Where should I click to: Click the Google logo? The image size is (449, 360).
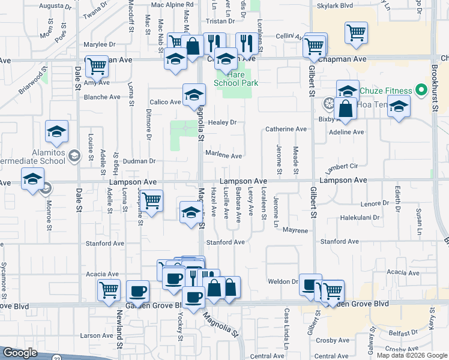(x=20, y=353)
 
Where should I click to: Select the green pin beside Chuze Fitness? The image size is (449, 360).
(x=421, y=91)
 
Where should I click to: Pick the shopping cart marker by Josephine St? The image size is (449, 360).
(x=151, y=201)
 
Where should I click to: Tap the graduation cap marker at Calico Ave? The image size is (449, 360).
(x=194, y=95)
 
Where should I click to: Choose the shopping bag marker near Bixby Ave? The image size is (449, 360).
(x=347, y=109)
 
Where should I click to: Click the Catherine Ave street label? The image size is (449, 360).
(x=286, y=129)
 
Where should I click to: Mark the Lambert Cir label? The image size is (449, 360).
(x=342, y=167)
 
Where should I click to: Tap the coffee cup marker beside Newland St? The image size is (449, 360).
(x=137, y=292)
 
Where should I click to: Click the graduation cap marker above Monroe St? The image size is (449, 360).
(x=32, y=179)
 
